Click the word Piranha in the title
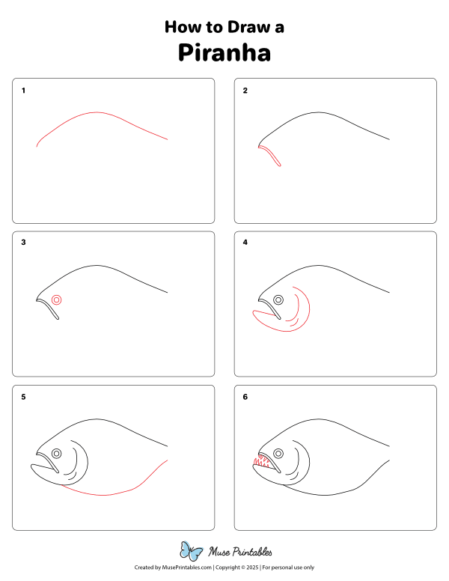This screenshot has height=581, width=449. click(224, 53)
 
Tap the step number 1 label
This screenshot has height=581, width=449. click(24, 91)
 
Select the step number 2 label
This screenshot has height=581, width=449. click(245, 91)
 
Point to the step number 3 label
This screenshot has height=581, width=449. click(24, 243)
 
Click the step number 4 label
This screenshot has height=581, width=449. click(245, 243)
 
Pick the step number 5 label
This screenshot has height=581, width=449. click(24, 397)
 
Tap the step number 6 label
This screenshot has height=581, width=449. click(245, 397)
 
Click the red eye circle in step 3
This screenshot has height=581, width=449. click(57, 299)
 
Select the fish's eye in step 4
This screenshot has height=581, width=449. click(278, 299)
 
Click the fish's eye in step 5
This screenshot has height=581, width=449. click(57, 453)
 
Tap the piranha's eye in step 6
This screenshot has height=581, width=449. click(278, 453)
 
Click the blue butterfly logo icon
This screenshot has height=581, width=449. click(192, 551)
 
